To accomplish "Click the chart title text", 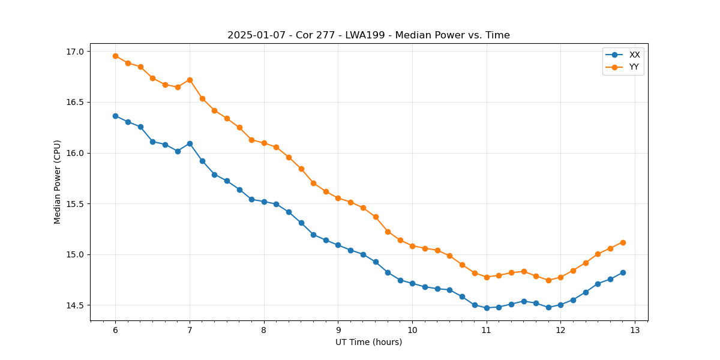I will coord(368,35).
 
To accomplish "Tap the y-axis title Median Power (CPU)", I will coord(58,182).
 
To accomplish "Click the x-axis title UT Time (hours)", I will coord(368,342).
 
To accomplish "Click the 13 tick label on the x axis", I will coord(635,330).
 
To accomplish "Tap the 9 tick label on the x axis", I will coord(338,330).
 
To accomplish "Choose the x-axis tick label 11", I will coord(487,330).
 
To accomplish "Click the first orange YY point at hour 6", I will coord(115,56).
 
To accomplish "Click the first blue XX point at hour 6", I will coord(115,116).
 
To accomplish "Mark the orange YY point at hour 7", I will coord(190,80).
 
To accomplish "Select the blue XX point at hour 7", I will coord(190,143).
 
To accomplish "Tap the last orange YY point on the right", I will coord(623,242).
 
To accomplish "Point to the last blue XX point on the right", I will coord(623,272).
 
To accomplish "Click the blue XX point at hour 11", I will coord(487,308).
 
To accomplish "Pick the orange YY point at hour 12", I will coord(560,277).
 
